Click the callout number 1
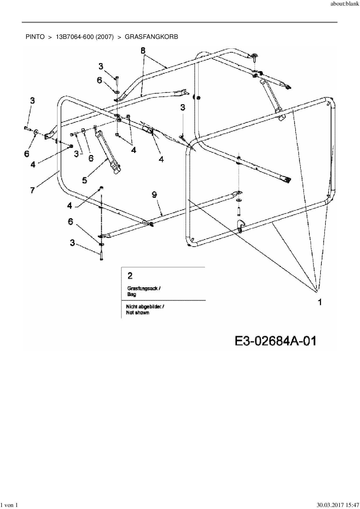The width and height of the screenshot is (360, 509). coord(320,302)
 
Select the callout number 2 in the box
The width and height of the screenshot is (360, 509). coord(130,275)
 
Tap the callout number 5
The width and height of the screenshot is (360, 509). coord(84,180)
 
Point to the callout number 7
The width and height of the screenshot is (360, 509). coord(33,190)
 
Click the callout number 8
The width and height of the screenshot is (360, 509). coord(143,50)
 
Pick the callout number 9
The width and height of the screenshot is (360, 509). coord(154,195)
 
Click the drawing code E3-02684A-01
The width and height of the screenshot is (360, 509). coord(275,341)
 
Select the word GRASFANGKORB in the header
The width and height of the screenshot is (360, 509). coord(151,37)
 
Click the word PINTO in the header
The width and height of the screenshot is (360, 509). coord(35,37)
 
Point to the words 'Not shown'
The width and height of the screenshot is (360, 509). coord(138,313)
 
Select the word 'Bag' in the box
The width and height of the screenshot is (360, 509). coord(132,294)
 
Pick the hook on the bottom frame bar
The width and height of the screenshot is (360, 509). coord(241,225)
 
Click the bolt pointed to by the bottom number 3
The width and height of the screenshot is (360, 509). coord(101,256)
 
